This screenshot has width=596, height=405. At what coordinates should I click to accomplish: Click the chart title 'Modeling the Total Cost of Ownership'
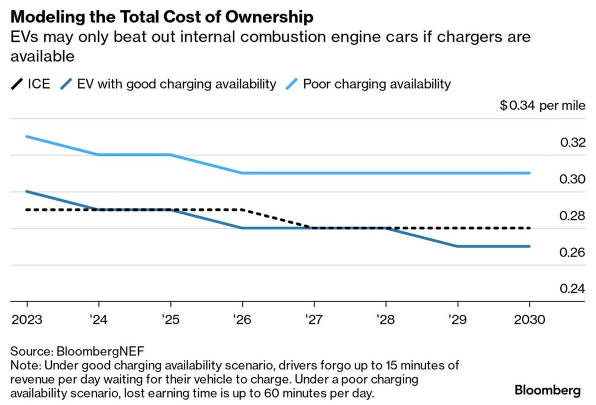point(162,17)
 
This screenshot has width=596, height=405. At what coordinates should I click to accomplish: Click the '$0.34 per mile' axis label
point(543,106)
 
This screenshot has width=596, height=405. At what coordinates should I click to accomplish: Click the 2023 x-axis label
point(27,319)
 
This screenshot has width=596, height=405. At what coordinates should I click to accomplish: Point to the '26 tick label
point(242,319)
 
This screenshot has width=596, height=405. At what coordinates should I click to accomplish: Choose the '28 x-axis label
point(386,319)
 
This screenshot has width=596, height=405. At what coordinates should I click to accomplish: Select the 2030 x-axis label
point(529,319)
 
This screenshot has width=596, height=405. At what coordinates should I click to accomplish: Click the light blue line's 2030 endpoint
point(529,173)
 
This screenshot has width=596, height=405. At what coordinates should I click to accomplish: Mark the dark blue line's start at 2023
point(27,192)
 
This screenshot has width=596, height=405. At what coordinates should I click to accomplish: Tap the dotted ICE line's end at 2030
point(529,228)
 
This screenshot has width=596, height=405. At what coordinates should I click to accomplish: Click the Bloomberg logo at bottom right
point(547,391)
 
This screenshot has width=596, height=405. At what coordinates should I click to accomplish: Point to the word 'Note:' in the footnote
point(24,365)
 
